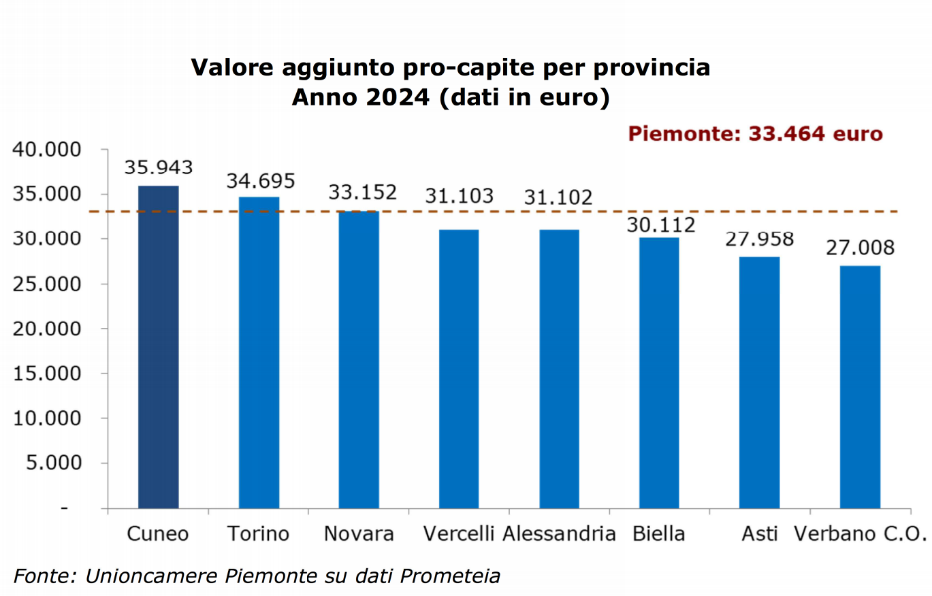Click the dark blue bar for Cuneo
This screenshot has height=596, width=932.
coord(158,347)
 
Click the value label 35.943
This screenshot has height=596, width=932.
coord(158,167)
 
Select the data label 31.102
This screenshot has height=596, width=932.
coord(558,197)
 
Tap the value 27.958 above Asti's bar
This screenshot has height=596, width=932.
coord(760,239)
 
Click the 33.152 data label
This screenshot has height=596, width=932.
coord(362,193)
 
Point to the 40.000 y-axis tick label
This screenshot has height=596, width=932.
coord(47,150)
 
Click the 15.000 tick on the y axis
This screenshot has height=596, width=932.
coord(47,374)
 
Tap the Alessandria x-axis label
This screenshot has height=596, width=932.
coord(559,533)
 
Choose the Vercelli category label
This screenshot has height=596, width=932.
coord(459,533)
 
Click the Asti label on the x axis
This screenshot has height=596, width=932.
coord(759,533)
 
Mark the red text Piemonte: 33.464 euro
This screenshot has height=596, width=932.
coord(755,133)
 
